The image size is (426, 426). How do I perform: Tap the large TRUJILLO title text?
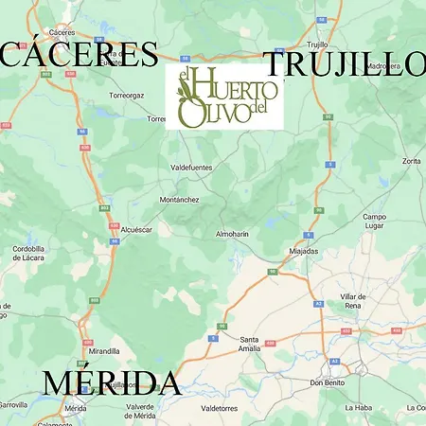click(x=345, y=63)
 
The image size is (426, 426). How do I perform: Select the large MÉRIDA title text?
click(x=111, y=383)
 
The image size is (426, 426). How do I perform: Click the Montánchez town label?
click(x=180, y=200)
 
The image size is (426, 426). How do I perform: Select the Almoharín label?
click(x=233, y=233)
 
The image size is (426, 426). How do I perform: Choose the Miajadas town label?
click(x=304, y=251)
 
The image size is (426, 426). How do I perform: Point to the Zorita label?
click(x=410, y=162)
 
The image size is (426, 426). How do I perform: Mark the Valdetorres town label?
click(x=219, y=408)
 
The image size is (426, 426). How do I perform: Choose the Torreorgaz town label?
click(x=125, y=96)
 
